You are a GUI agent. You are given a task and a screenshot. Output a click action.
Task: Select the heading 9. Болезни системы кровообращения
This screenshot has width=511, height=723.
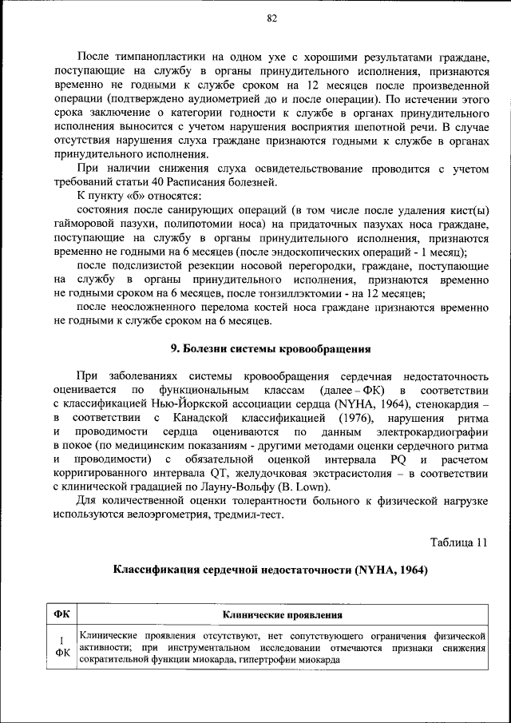pos(271,349)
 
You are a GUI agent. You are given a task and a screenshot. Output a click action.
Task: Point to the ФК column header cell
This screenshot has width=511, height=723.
pos(61,615)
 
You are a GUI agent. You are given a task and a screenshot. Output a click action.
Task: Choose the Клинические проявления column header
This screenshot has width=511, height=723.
pos(283,615)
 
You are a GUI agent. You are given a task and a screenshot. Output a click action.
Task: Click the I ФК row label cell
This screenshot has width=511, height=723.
pos(61,646)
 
